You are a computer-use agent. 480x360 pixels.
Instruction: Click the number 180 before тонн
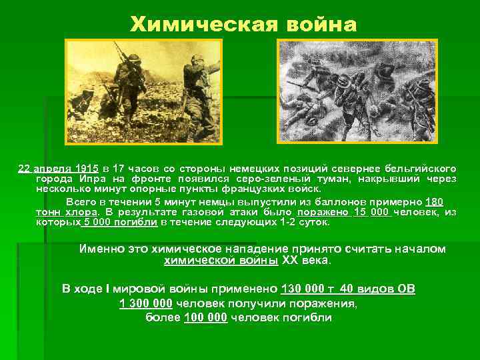pos(434,201)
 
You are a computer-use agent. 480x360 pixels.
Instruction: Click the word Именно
pos(101,249)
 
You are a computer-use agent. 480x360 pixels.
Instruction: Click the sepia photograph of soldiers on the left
pos(142,91)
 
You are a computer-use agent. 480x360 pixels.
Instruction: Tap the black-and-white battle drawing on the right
pos(357,92)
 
